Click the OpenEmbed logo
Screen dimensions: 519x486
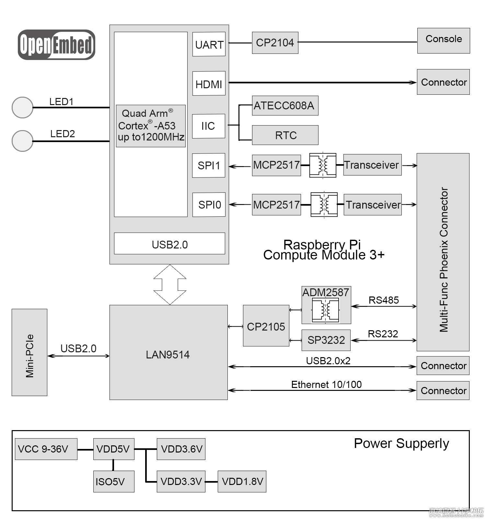[x=56, y=45]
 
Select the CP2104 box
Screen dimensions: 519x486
[x=275, y=43]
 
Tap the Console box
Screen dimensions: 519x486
[x=443, y=41]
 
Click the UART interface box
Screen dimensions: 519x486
[x=209, y=44]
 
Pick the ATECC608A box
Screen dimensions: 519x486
[x=285, y=106]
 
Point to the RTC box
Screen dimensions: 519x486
[x=285, y=135]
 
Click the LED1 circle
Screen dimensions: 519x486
[x=22, y=107]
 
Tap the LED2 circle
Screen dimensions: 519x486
[x=22, y=141]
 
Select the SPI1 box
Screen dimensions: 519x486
[x=208, y=165]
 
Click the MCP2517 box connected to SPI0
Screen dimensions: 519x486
[x=276, y=205]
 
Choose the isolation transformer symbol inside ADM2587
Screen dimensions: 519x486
[x=325, y=310]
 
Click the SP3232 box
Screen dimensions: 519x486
[x=326, y=340]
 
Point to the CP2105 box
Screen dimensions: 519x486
[x=266, y=326]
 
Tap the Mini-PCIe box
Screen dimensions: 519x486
[x=29, y=352]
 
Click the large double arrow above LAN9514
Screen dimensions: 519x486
[x=170, y=284]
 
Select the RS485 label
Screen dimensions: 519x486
[x=384, y=300]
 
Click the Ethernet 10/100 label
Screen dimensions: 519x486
[x=326, y=384]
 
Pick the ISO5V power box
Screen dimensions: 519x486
[x=113, y=481]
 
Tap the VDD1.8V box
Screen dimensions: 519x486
[x=242, y=481]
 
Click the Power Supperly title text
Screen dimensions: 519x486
[x=401, y=443]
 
